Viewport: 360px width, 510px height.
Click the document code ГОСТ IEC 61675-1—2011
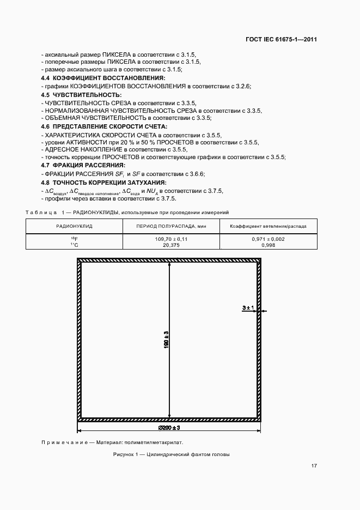(283, 40)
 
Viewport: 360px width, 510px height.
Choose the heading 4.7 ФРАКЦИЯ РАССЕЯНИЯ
(83, 165)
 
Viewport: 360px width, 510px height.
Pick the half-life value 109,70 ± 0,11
(171, 239)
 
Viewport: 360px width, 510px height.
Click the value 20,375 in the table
(171, 245)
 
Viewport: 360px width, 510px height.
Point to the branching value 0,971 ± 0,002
(268, 239)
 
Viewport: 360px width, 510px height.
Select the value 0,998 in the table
(268, 245)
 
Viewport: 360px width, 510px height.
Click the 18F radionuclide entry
(75, 239)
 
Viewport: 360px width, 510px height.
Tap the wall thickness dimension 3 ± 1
(248, 308)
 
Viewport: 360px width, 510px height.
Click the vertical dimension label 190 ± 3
(166, 341)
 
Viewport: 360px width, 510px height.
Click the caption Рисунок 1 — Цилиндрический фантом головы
(171, 454)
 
